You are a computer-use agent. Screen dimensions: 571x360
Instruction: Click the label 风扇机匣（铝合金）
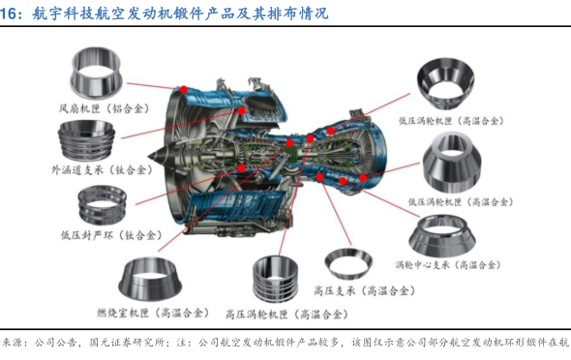click(105, 108)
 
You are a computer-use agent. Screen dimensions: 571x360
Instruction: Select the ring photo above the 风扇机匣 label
click(96, 74)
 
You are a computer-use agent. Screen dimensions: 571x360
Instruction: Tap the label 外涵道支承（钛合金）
click(102, 170)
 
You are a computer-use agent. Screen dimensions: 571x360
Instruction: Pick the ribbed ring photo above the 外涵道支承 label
click(87, 141)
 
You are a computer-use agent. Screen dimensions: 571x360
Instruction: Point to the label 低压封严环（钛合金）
click(111, 235)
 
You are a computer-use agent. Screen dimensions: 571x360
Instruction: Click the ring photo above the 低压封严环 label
click(103, 205)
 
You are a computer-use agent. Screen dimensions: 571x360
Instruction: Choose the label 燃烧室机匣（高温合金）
click(153, 313)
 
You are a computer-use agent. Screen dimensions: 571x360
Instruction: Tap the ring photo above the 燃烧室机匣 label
click(150, 280)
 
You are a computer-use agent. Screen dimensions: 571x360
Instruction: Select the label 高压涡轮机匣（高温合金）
click(287, 315)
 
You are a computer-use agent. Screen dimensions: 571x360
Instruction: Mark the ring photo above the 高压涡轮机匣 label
click(275, 280)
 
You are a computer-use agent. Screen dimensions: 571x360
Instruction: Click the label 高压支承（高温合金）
click(364, 291)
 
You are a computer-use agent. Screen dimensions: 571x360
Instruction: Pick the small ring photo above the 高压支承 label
click(348, 263)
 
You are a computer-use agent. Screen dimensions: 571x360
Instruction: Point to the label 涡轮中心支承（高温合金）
click(448, 264)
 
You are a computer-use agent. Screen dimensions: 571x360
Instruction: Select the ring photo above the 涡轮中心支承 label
click(442, 235)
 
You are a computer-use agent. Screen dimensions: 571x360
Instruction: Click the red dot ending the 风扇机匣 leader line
click(184, 90)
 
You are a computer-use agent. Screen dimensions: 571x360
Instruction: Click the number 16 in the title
click(8, 14)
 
